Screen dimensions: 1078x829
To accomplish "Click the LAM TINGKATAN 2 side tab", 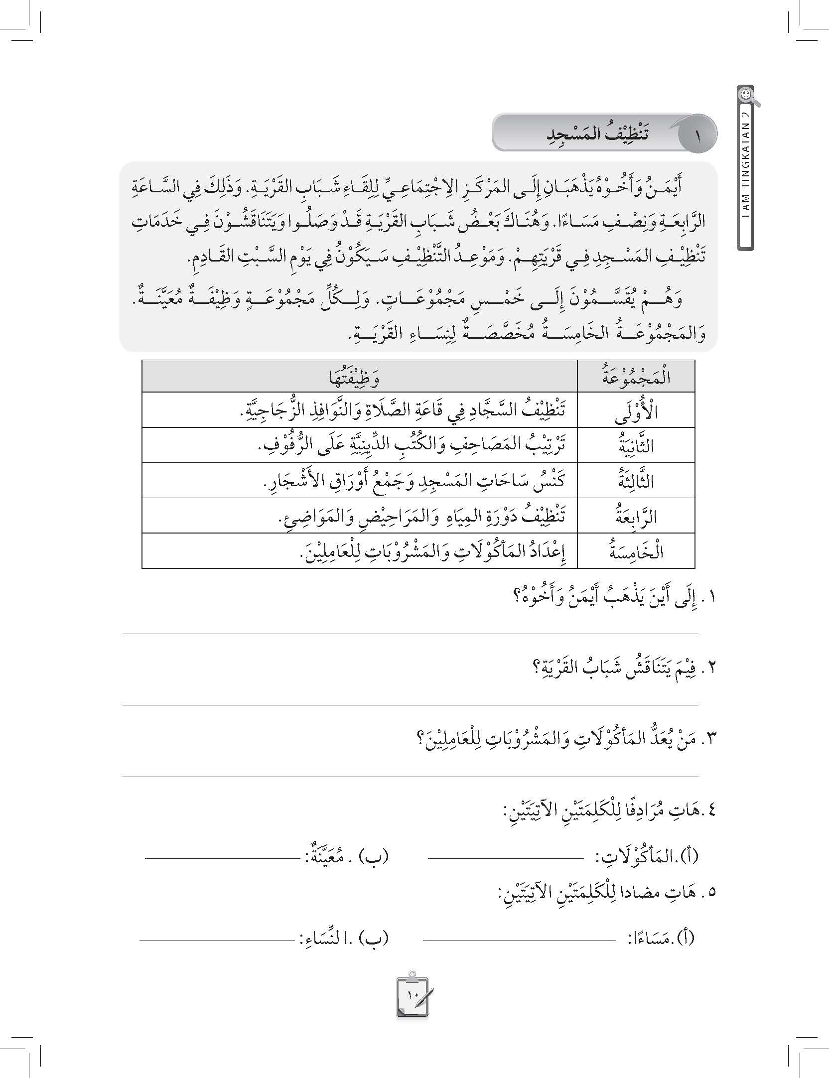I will coord(745,176).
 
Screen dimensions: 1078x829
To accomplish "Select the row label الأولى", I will coord(636,410).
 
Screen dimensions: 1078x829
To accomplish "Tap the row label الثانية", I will coord(636,445).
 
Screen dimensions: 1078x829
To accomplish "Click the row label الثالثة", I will coord(636,481).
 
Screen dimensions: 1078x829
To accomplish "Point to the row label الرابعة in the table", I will coord(636,516).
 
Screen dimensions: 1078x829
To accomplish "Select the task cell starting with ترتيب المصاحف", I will coord(414,445).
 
